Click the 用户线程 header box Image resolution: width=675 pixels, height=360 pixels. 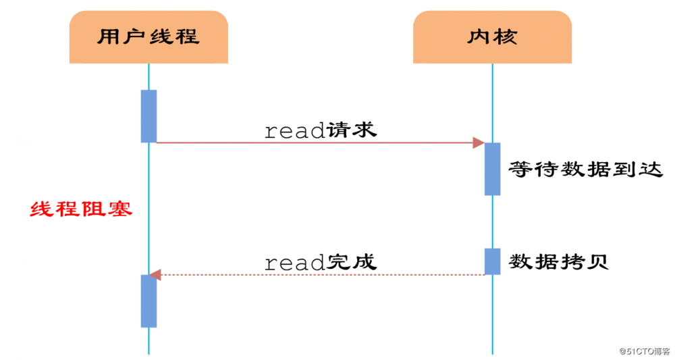pyautogui.click(x=148, y=37)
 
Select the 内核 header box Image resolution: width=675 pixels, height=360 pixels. pyautogui.click(x=492, y=37)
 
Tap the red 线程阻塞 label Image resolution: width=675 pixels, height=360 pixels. pyautogui.click(x=81, y=209)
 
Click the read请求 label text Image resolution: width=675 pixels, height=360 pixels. pyautogui.click(x=320, y=130)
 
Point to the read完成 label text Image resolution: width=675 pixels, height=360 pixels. pyautogui.click(x=320, y=261)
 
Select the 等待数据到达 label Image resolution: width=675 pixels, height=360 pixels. pyautogui.click(x=581, y=168)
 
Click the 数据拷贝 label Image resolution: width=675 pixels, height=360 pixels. pyautogui.click(x=559, y=261)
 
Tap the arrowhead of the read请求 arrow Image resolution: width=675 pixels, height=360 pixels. pyautogui.click(x=479, y=143)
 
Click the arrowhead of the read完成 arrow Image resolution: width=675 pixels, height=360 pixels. pyautogui.click(x=155, y=274)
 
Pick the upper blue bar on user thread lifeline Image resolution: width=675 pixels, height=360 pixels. pyautogui.click(x=148, y=115)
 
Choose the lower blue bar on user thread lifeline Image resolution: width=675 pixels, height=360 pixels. pyautogui.click(x=148, y=301)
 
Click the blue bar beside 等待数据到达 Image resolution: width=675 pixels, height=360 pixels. pyautogui.click(x=492, y=168)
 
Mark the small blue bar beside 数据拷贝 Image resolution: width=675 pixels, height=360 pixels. pyautogui.click(x=492, y=261)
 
